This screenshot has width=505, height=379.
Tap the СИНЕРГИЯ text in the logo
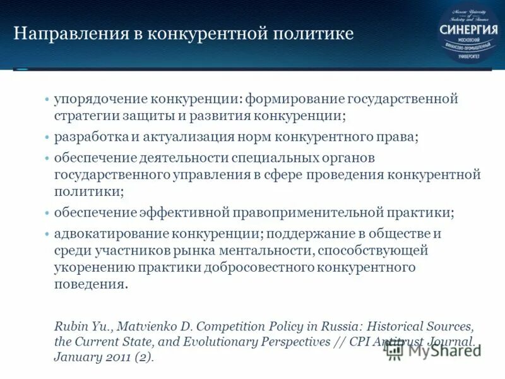tap(468, 29)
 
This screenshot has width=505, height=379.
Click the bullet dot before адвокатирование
tap(47, 233)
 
